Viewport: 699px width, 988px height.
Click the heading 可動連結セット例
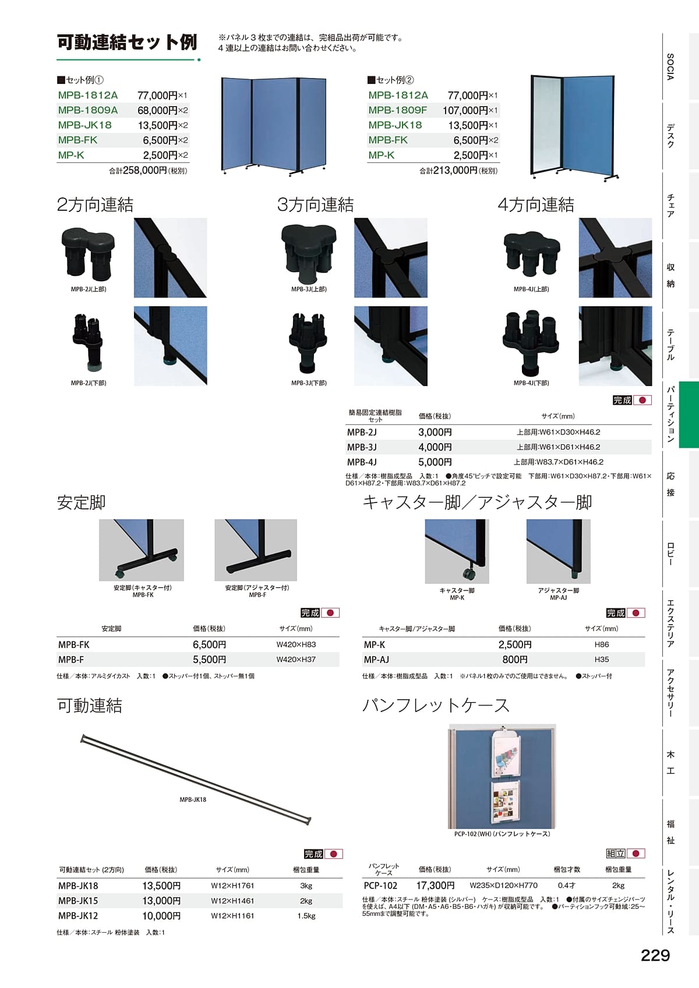click(x=127, y=42)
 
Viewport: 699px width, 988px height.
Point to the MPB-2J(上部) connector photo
click(x=88, y=254)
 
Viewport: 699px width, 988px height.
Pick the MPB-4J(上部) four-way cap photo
click(x=531, y=253)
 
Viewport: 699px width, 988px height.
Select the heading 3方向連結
click(x=315, y=205)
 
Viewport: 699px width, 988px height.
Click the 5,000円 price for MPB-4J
click(x=435, y=462)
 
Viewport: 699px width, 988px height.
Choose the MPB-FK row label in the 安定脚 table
click(x=74, y=644)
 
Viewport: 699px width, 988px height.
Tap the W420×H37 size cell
click(x=296, y=660)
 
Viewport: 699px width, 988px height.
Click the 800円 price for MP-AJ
click(x=515, y=660)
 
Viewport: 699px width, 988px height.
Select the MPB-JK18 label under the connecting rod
click(x=193, y=800)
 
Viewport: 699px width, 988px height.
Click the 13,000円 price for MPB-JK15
click(x=161, y=901)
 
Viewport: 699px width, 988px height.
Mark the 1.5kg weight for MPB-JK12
click(x=306, y=916)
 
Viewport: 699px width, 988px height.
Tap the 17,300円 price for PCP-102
click(x=435, y=886)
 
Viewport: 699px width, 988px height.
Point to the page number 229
click(x=655, y=955)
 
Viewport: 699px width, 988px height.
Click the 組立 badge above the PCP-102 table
click(x=616, y=854)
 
